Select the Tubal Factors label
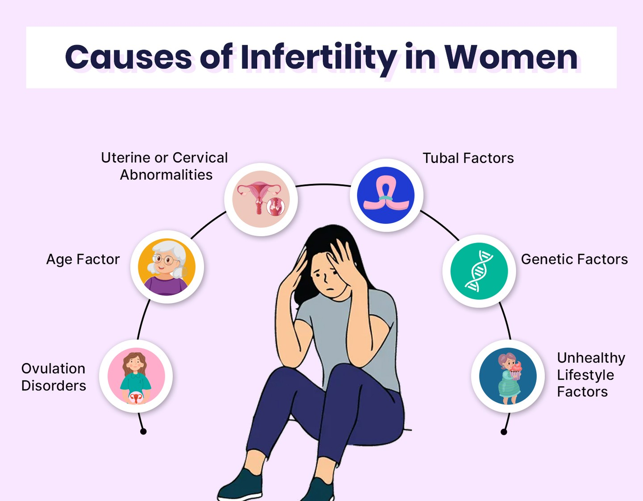pyautogui.click(x=468, y=158)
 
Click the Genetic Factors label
pyautogui.click(x=574, y=259)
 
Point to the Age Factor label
pyautogui.click(x=83, y=259)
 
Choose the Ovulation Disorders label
pyautogui.click(x=54, y=377)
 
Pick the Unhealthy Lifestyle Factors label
pyautogui.click(x=590, y=375)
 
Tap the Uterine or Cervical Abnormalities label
pyautogui.click(x=164, y=166)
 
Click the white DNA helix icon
pyautogui.click(x=479, y=271)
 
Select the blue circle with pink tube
pyautogui.click(x=386, y=195)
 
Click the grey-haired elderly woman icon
pyautogui.click(x=167, y=267)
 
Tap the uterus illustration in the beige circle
pyautogui.click(x=261, y=199)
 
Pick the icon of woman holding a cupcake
pyautogui.click(x=508, y=376)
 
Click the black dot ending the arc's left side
pyautogui.click(x=143, y=431)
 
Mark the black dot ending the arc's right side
pyautogui.click(x=504, y=432)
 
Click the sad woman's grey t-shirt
pyautogui.click(x=357, y=339)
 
